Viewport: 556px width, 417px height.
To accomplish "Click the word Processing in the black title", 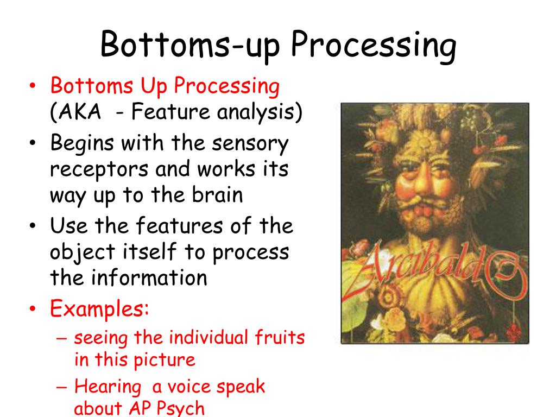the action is click(x=374, y=46).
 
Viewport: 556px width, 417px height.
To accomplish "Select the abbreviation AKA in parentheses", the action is click(x=80, y=112).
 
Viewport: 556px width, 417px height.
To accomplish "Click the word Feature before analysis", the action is click(x=171, y=111).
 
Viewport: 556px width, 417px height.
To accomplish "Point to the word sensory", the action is click(x=250, y=144).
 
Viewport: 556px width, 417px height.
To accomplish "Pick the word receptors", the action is click(x=99, y=169).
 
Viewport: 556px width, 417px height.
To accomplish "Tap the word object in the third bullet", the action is click(x=83, y=252).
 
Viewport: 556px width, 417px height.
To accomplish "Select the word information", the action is click(x=149, y=277).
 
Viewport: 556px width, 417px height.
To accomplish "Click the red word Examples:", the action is click(x=99, y=308).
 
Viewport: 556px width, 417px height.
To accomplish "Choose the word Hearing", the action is click(x=108, y=387).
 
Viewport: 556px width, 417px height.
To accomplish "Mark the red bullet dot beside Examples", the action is click(x=33, y=308).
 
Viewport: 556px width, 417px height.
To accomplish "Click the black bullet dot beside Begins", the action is click(x=33, y=143).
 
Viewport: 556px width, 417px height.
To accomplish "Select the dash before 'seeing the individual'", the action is click(x=61, y=338).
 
